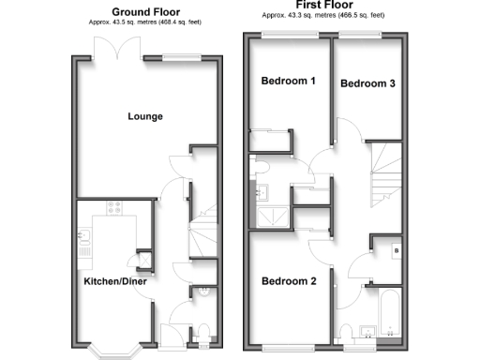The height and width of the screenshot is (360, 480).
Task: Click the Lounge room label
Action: (145, 116)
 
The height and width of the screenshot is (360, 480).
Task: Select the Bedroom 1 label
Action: (287, 81)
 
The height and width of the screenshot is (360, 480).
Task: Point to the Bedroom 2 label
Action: (288, 281)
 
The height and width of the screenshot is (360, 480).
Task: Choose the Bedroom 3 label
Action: (367, 83)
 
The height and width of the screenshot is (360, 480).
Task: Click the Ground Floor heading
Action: (145, 11)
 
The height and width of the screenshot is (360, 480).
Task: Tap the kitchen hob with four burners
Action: (116, 210)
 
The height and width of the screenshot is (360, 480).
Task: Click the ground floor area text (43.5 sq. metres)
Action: (145, 21)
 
